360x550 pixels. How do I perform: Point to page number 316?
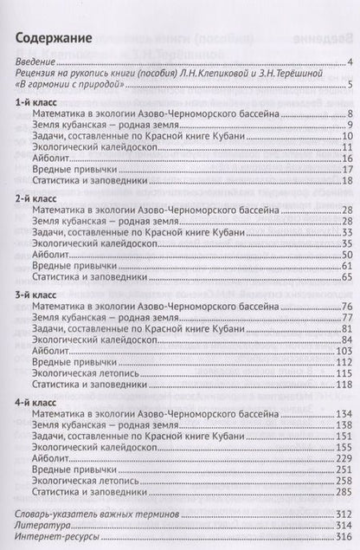[x=341, y=539]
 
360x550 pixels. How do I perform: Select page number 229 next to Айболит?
[x=341, y=456]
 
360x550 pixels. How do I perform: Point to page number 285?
[x=341, y=490]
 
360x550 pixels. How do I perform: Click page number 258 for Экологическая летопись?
[x=341, y=479]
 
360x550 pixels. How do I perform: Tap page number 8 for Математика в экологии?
[x=346, y=114]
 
